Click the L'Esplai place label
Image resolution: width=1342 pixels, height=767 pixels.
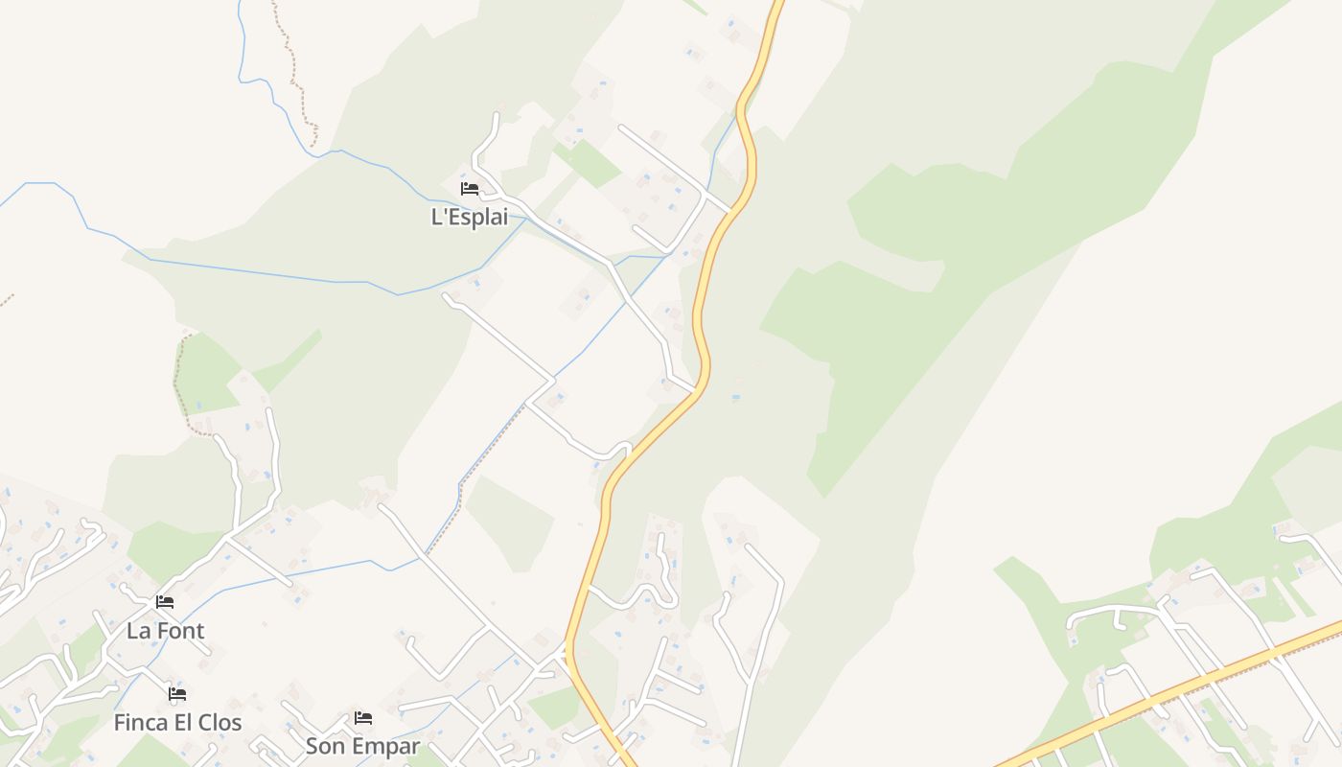click(x=470, y=217)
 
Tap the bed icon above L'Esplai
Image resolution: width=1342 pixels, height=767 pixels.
click(x=470, y=189)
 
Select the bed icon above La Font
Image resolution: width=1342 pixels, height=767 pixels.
click(x=165, y=602)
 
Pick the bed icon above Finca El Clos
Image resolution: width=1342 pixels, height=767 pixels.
click(x=177, y=693)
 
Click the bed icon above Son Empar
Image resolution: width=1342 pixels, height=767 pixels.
click(x=363, y=717)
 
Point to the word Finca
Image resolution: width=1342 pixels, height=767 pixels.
click(x=141, y=722)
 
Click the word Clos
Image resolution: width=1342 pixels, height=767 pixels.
click(x=219, y=722)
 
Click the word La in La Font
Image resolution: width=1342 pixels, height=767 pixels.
click(x=139, y=631)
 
